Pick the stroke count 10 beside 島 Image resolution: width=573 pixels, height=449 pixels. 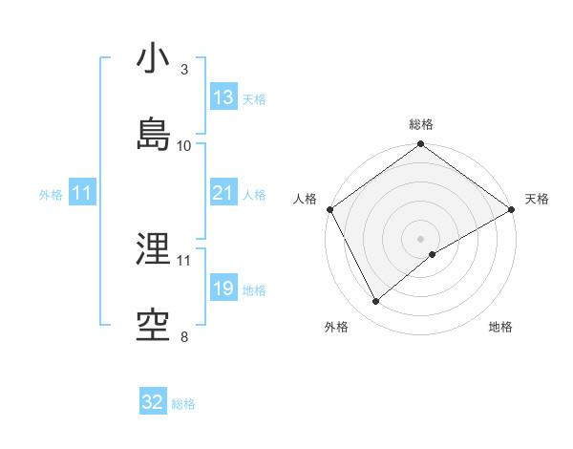(184, 145)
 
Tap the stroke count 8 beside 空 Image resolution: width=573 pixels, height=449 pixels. (184, 336)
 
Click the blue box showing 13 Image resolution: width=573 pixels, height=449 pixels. (223, 96)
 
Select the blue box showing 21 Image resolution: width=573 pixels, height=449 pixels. (223, 193)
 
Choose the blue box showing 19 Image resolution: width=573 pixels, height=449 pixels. (223, 289)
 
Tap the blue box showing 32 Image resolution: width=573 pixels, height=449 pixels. (153, 402)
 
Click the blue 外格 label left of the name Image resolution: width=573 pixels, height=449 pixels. (51, 194)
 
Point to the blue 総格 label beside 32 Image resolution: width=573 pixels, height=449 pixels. (183, 404)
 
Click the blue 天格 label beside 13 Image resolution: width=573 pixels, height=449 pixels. (254, 98)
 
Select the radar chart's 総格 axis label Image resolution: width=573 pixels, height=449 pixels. (421, 124)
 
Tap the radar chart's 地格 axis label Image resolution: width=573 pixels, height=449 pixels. (500, 328)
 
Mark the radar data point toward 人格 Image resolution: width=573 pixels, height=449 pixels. (329, 209)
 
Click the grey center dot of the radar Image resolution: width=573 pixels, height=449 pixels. (421, 238)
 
